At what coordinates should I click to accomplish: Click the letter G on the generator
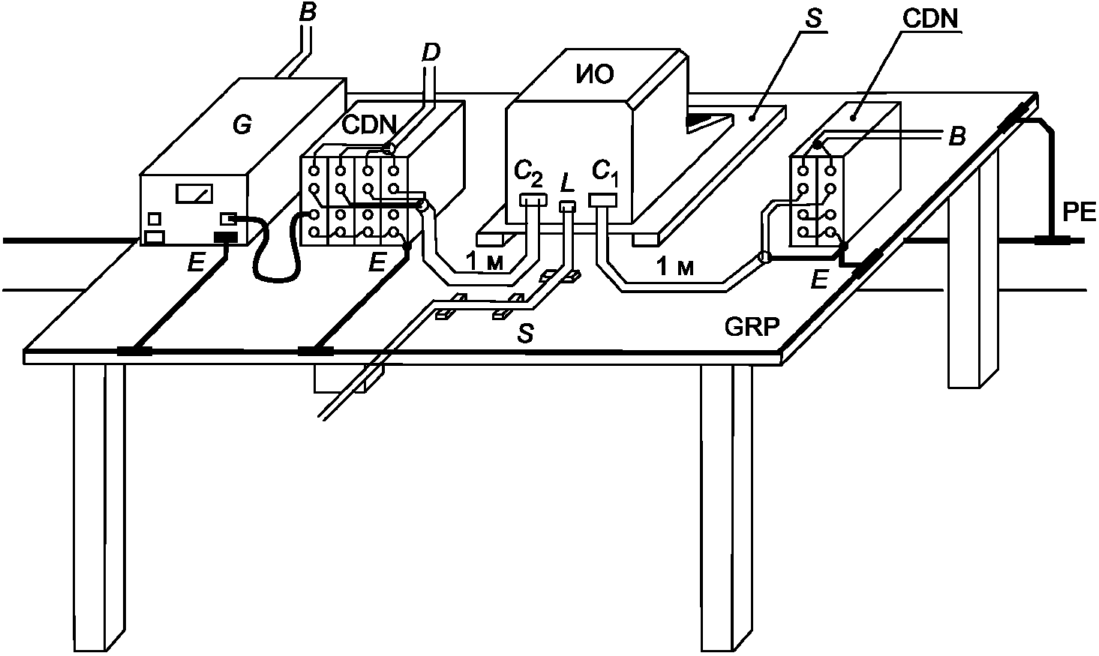click(x=242, y=125)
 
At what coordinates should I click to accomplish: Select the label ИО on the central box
click(x=596, y=73)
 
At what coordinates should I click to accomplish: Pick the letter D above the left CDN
click(x=431, y=52)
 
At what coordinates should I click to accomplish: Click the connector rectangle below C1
click(x=602, y=200)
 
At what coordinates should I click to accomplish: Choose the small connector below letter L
click(x=567, y=206)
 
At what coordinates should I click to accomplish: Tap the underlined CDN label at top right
click(x=932, y=19)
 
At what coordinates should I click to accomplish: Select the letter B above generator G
click(x=306, y=12)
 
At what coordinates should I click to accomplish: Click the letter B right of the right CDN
click(x=956, y=136)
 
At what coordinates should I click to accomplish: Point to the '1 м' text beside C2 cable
click(x=484, y=261)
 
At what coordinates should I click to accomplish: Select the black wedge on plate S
click(x=707, y=120)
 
